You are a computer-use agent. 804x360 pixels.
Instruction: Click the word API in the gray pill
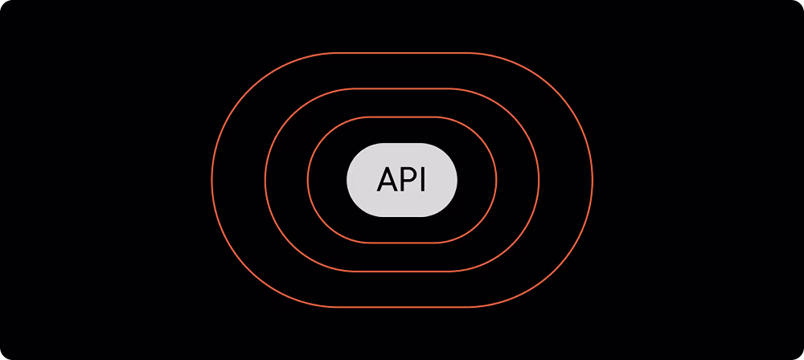click(x=402, y=181)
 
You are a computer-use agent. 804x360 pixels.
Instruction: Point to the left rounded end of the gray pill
click(x=354, y=180)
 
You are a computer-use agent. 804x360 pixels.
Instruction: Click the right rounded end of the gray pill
click(x=450, y=180)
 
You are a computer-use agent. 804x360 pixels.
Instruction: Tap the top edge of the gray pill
click(x=402, y=145)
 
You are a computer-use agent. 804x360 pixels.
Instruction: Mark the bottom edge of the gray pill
click(x=402, y=215)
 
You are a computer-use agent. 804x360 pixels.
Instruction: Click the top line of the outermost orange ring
click(x=402, y=53)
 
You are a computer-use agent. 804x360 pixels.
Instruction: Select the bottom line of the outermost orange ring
click(x=402, y=307)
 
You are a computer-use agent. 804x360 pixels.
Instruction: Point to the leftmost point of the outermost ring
click(x=212, y=180)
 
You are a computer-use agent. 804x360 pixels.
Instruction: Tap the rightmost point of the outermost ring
click(x=593, y=180)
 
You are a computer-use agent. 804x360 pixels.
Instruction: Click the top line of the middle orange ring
click(x=402, y=89)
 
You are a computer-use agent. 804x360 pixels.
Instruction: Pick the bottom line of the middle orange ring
click(x=402, y=272)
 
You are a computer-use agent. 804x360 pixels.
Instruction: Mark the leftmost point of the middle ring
click(x=265, y=180)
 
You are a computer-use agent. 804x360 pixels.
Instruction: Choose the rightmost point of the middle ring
click(x=539, y=180)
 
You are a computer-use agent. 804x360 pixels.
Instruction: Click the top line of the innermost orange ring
click(x=402, y=117)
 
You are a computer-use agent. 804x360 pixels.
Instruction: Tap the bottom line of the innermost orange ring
click(x=402, y=243)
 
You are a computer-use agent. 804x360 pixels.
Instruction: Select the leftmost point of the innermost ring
click(x=308, y=180)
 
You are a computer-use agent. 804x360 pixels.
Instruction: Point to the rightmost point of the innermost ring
click(x=496, y=180)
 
